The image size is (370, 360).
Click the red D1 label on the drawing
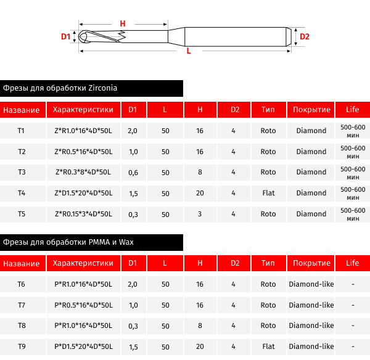pos(66,36)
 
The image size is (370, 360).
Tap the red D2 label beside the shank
pos(304,36)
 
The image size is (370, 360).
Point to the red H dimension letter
pos(123,23)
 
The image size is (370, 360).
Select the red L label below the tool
pos(188,52)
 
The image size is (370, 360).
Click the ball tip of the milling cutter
pos(83,36)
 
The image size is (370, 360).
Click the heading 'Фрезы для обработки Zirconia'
pos(60,88)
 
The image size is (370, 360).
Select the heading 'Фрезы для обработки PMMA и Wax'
pos(68,242)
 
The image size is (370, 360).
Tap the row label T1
pos(22,131)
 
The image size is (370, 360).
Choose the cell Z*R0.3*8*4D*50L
pos(83,173)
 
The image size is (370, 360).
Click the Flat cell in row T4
pos(268,193)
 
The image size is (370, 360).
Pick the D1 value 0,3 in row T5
pos(133,215)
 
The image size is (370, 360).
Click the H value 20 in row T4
pos(200,193)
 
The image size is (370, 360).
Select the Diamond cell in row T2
pos(311,152)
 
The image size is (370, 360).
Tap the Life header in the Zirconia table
pos(352,110)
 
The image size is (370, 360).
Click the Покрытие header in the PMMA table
pos(311,263)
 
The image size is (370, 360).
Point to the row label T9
pos(22,346)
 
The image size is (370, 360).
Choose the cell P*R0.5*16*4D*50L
pos(83,305)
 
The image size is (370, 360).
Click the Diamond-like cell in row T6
pos(311,285)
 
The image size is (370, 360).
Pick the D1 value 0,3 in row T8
pos(133,325)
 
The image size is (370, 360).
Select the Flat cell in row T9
pos(268,346)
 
